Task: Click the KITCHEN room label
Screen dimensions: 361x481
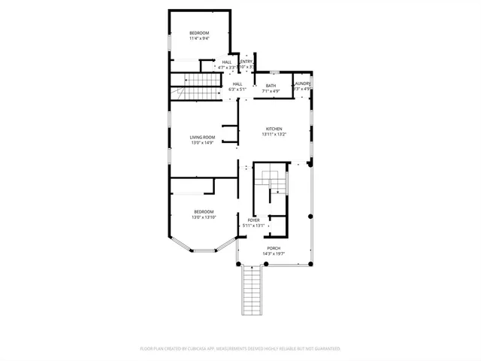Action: [274, 129]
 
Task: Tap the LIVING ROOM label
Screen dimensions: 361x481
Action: [203, 137]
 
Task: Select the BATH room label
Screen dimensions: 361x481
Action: [271, 86]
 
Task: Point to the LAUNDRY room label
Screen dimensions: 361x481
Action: [302, 83]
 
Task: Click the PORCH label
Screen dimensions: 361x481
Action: [274, 248]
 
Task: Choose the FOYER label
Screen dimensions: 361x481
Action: [254, 220]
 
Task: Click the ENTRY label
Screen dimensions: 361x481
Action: [246, 62]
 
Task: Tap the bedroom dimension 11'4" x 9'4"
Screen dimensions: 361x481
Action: [199, 38]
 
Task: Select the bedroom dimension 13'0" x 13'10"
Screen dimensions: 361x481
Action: [204, 217]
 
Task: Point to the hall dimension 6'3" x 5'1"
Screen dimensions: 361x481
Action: [237, 89]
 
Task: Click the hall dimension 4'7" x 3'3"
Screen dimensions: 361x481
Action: [227, 68]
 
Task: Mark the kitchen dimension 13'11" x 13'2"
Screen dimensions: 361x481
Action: [274, 135]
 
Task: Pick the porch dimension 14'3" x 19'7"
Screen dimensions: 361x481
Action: [274, 254]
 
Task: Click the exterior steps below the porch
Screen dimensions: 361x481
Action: [253, 293]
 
